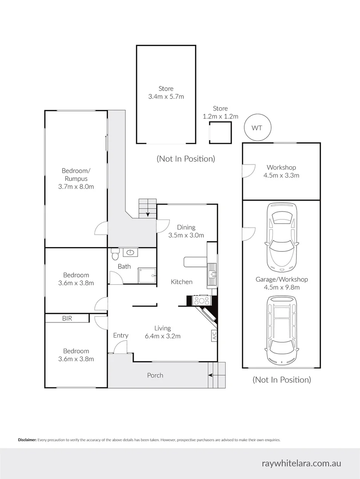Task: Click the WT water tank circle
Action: point(257,128)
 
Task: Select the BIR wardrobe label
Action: point(67,318)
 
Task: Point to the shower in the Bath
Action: point(147,275)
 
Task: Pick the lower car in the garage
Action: point(281,328)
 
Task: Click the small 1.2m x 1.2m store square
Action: point(220,133)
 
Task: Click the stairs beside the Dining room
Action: point(147,208)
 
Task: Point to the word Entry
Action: point(120,335)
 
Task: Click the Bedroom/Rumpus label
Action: point(76,178)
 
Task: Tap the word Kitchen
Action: point(182,282)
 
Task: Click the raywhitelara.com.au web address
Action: point(301,463)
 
